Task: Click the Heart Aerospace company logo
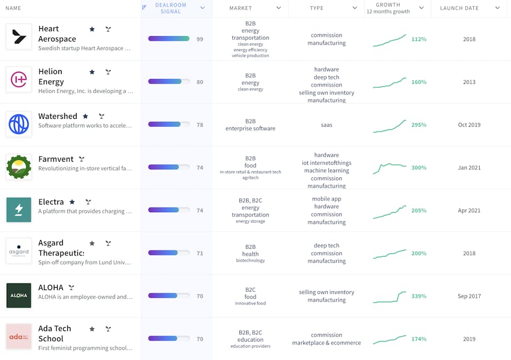(x=19, y=37)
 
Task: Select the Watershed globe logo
(x=19, y=124)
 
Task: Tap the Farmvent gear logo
(x=19, y=167)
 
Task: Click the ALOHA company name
(x=51, y=287)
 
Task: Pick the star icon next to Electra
(x=72, y=202)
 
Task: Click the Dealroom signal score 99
(x=200, y=39)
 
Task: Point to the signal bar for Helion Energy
(x=168, y=82)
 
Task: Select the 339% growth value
(x=419, y=296)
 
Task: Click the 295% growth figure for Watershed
(x=419, y=125)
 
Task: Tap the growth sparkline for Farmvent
(x=389, y=167)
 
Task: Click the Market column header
(x=241, y=8)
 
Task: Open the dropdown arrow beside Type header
(x=355, y=8)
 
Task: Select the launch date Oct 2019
(x=469, y=125)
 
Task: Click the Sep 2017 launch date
(x=469, y=296)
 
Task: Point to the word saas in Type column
(x=327, y=125)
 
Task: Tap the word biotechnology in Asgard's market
(x=251, y=261)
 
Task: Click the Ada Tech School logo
(x=19, y=337)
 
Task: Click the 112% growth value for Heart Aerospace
(x=419, y=39)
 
